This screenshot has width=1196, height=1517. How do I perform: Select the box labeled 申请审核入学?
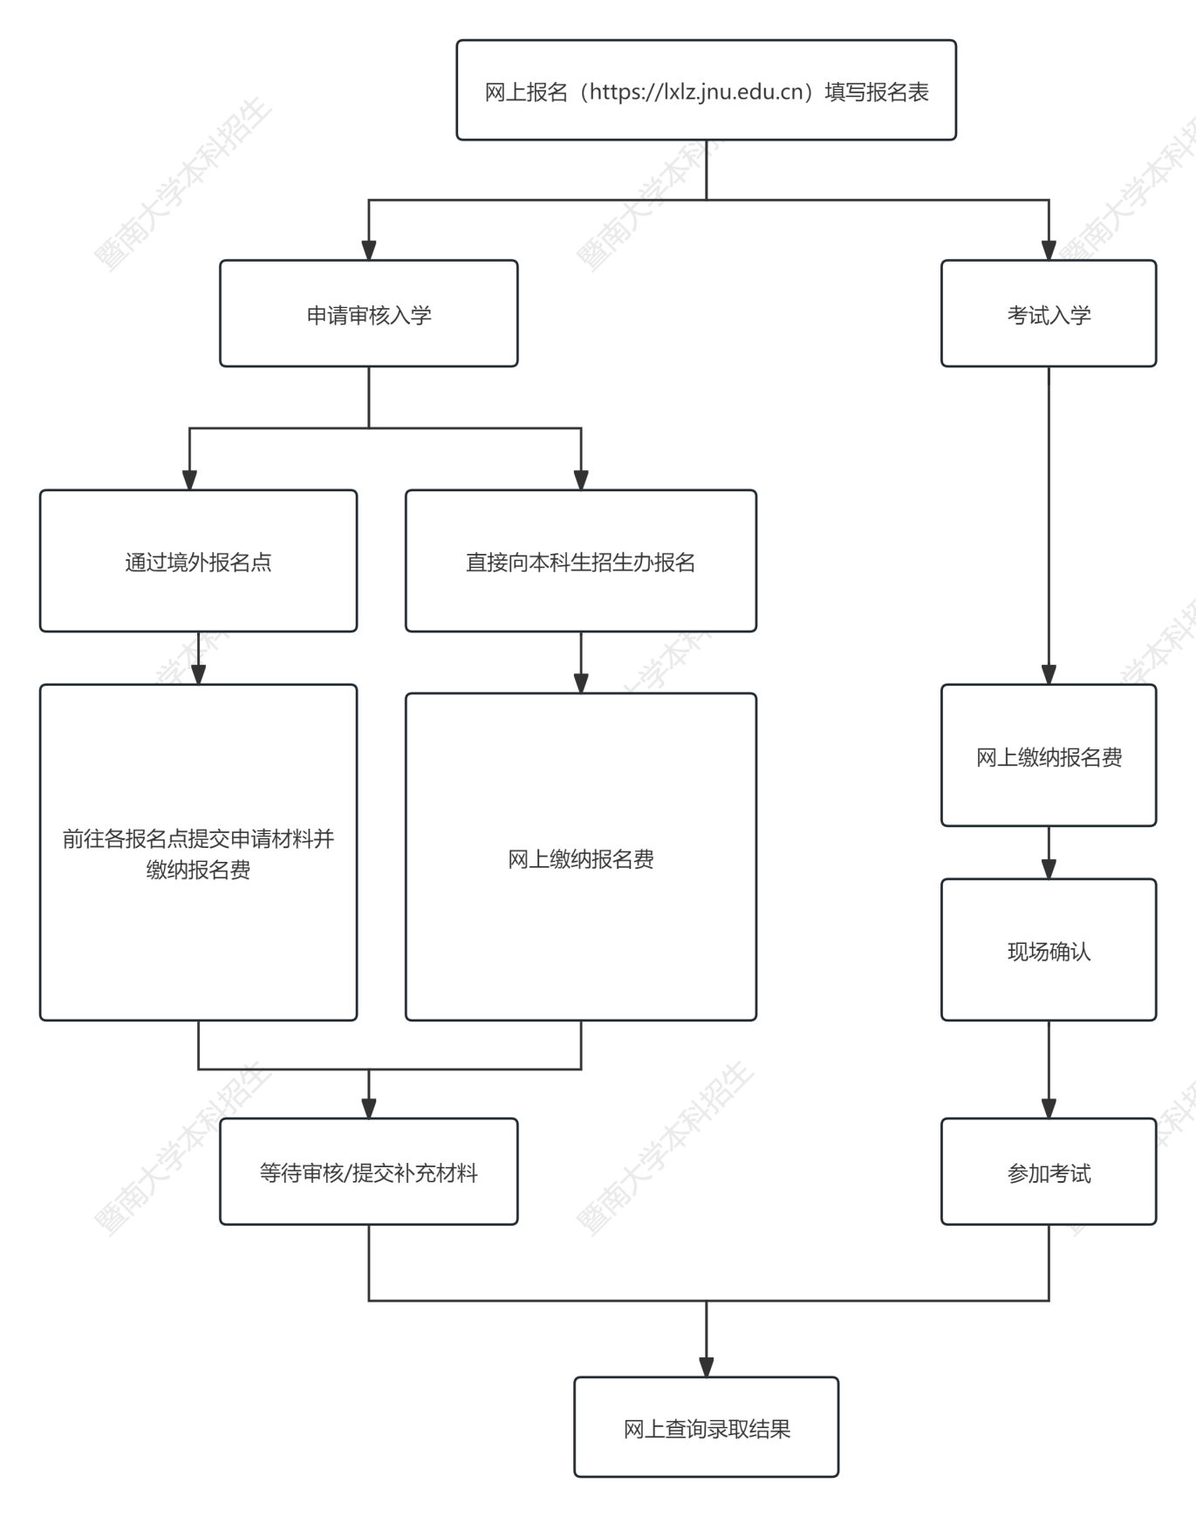point(368,313)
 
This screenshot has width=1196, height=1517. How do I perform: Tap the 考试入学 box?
point(1049,313)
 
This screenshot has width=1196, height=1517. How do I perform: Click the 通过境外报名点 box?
point(198,561)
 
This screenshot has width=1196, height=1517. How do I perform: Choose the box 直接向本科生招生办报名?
point(581,561)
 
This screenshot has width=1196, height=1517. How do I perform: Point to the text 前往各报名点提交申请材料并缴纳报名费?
point(198,854)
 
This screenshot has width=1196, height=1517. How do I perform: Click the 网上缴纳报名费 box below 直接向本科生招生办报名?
point(581,857)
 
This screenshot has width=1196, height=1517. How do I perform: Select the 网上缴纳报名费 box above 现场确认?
point(1049,755)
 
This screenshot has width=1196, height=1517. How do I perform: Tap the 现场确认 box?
point(1049,950)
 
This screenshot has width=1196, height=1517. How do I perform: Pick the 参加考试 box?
point(1049,1172)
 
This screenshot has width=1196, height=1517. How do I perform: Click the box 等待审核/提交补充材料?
point(368,1172)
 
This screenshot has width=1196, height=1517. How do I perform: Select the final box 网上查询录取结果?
point(707,1427)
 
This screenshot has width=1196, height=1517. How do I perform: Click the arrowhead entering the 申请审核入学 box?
point(369,250)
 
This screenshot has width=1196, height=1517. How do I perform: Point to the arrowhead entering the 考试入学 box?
point(1049,250)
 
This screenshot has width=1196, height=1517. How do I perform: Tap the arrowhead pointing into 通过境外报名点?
point(189,480)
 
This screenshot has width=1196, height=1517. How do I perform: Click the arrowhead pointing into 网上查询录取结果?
point(707,1367)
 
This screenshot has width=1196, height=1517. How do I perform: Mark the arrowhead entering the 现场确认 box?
point(1049,869)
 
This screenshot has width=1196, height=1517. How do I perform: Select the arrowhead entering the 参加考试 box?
point(1049,1109)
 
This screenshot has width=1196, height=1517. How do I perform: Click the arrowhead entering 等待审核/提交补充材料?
point(369,1109)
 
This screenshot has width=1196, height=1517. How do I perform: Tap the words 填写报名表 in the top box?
point(877,92)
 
